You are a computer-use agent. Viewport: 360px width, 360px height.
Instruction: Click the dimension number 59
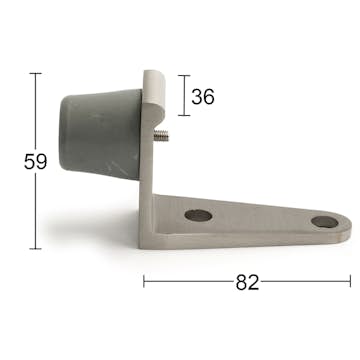35,161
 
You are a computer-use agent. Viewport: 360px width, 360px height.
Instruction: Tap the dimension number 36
202,97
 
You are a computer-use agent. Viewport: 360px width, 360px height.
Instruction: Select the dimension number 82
247,282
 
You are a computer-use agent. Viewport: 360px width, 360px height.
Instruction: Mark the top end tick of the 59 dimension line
36,73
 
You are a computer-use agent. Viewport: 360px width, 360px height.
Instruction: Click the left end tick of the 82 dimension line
144,282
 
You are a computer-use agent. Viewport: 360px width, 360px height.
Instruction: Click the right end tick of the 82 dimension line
351,282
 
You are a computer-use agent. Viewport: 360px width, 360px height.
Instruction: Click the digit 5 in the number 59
28,161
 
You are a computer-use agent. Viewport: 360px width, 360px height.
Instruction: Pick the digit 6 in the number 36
209,97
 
